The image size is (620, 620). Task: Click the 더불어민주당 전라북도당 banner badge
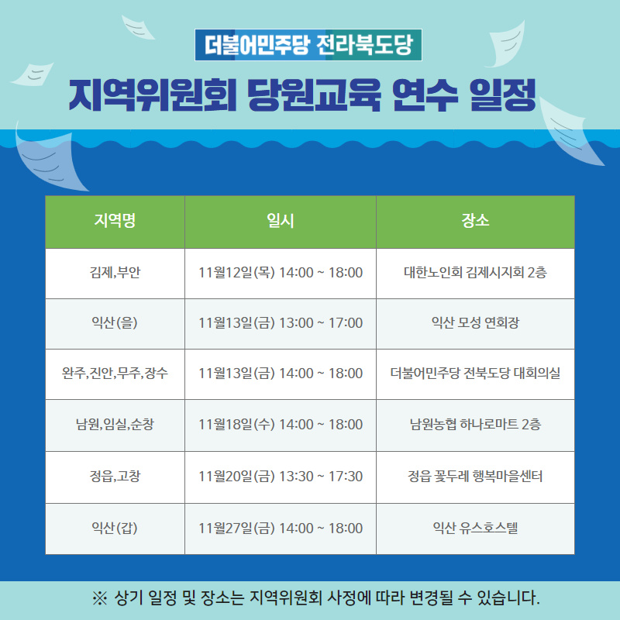coord(308,45)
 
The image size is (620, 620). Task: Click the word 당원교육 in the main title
coord(314,95)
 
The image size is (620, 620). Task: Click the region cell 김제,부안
coord(115,273)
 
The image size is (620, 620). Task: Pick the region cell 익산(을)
coord(115,322)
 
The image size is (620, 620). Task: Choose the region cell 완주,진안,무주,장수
coord(115,373)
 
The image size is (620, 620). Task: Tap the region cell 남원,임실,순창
coord(115,424)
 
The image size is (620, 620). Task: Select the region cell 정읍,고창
coord(115,476)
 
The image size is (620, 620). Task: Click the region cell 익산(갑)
coord(115,528)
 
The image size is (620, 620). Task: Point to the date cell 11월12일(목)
coord(236,273)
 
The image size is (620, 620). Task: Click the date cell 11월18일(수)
coord(236,424)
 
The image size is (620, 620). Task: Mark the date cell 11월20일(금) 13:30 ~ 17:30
coord(281,476)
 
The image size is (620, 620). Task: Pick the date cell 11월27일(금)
coord(236,528)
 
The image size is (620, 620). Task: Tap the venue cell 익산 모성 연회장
coord(475,322)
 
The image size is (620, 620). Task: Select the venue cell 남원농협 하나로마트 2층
coord(475,424)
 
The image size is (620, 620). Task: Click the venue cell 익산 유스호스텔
coord(475,528)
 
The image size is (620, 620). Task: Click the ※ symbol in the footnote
coord(100,598)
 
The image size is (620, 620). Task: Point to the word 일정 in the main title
coord(503,95)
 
